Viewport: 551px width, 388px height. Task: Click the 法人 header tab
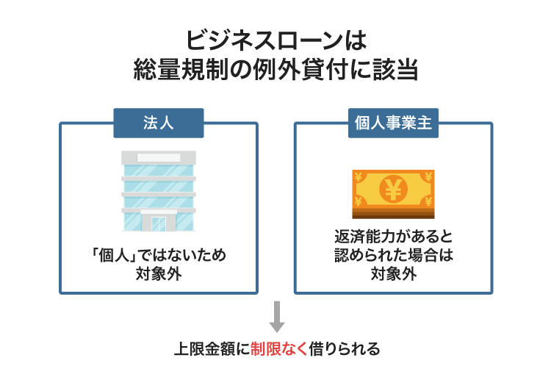point(158,123)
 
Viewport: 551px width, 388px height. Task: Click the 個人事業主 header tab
point(392,123)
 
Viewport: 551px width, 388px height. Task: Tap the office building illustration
point(159,191)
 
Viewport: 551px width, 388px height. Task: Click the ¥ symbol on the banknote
point(392,190)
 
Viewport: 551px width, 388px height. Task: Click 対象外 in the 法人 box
point(158,275)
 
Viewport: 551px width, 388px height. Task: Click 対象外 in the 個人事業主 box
point(393,275)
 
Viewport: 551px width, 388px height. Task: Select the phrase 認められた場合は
point(393,256)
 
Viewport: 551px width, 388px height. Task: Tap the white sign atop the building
point(159,157)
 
